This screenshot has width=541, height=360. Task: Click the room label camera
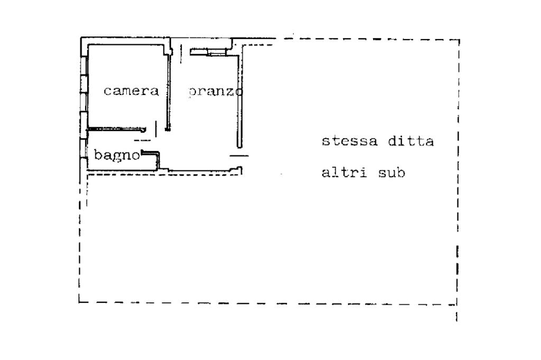[131, 91]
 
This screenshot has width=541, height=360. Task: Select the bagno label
[117, 156]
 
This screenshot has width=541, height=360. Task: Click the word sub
[391, 173]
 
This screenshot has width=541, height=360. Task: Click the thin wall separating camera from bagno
[116, 129]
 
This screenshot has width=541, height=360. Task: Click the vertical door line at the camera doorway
[156, 128]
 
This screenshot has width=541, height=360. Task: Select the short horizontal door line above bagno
[142, 140]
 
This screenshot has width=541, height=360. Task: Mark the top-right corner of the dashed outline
[458, 40]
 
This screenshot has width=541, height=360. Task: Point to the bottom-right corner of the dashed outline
[456, 304]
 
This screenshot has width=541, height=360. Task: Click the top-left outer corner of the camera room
[81, 39]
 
